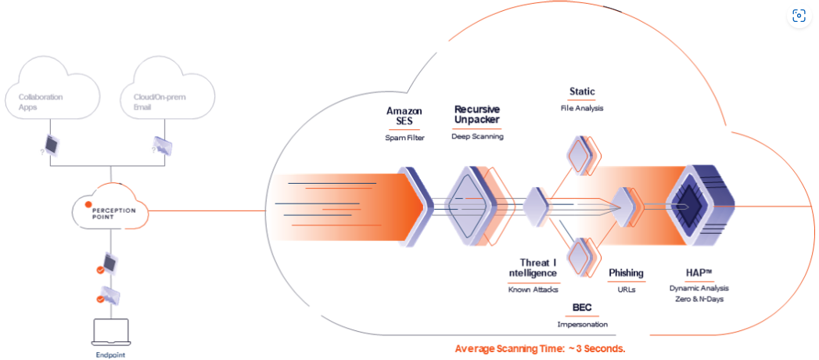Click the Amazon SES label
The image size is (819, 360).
(x=404, y=117)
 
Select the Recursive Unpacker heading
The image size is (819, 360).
(x=476, y=114)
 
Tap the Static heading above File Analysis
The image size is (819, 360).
(x=582, y=92)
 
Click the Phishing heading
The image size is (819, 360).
(x=626, y=273)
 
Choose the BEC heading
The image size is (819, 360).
(x=582, y=308)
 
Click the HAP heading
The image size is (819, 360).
(x=699, y=272)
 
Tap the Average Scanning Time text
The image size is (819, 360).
(x=540, y=348)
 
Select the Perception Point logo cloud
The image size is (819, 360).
(x=111, y=209)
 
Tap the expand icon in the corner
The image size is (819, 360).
(x=799, y=16)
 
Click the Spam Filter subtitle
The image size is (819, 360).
(x=404, y=138)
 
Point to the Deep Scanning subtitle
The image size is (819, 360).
(x=477, y=136)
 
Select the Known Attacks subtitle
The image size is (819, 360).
(x=533, y=290)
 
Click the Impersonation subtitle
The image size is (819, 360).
(x=582, y=324)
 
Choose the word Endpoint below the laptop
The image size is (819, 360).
(x=110, y=355)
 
